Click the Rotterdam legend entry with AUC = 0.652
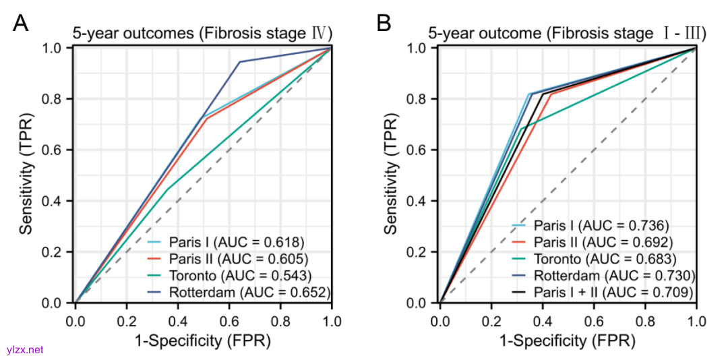point(239,292)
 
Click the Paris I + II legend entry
point(604,292)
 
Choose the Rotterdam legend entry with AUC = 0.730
point(603,275)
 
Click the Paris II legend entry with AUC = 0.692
point(595,241)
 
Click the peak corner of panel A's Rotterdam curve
point(240,62)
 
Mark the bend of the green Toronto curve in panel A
point(166,189)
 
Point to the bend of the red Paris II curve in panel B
point(551,94)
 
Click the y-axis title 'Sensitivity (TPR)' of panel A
point(26,175)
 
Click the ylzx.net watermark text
point(25,350)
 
